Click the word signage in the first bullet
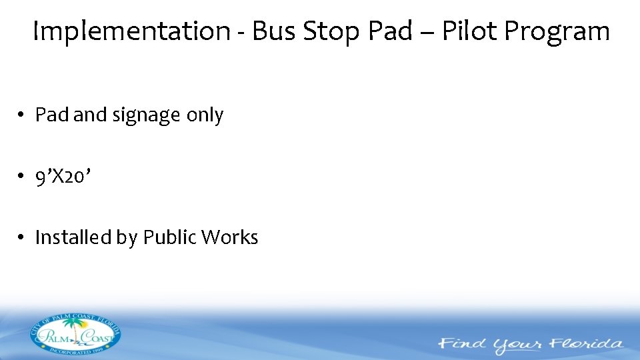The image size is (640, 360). click(146, 115)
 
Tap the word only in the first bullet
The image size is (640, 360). click(205, 115)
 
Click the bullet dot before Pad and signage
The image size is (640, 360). click(22, 115)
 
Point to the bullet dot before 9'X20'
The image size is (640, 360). click(22, 176)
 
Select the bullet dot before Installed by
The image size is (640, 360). click(22, 237)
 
